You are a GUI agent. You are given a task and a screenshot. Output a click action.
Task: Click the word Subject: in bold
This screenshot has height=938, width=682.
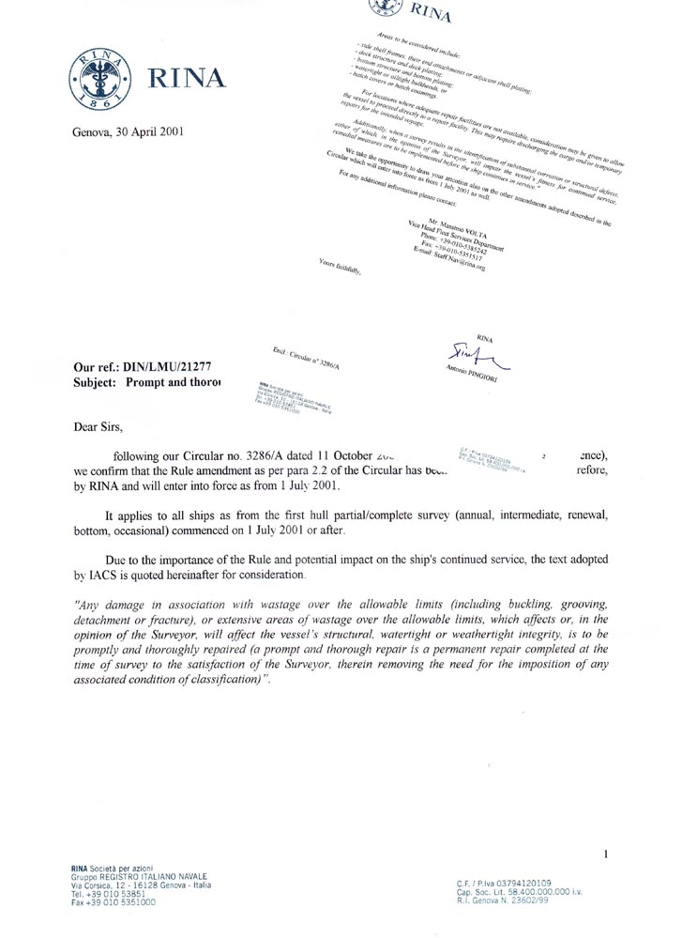tap(97, 383)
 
